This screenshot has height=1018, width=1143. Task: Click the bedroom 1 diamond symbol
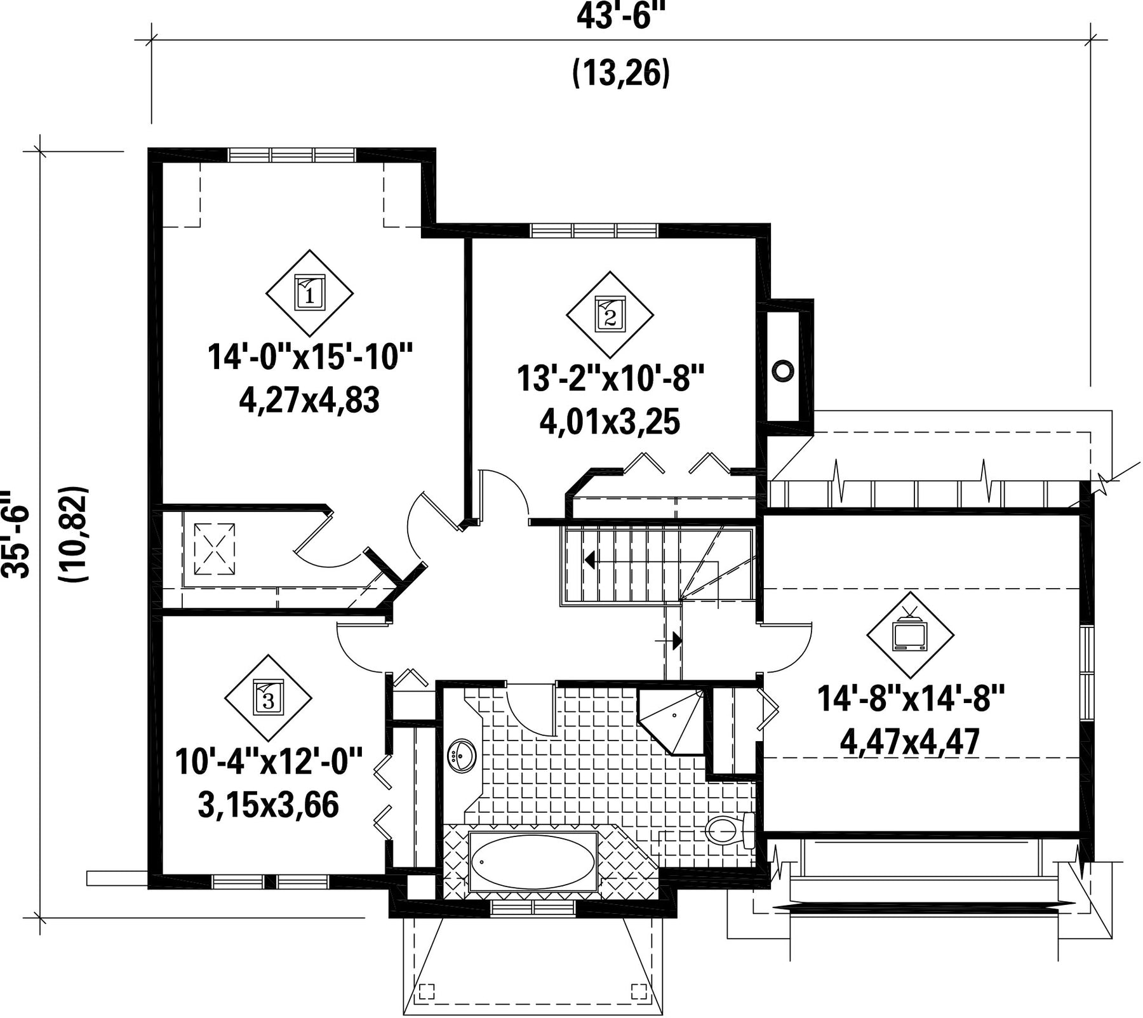pos(309,293)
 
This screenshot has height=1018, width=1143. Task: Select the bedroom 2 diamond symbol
pos(610,314)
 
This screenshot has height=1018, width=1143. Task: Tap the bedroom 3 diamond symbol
pos(268,698)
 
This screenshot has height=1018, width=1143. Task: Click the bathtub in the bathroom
pos(533,862)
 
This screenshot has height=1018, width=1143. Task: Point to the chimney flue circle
pos(783,370)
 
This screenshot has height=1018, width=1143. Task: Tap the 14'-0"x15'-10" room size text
pos(311,357)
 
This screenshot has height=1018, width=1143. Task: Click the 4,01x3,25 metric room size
pos(610,422)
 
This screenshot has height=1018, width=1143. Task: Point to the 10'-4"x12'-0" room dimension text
pos(269,761)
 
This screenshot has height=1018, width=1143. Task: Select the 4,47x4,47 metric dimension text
pos(911,740)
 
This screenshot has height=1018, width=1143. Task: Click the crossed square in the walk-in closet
pos(214,549)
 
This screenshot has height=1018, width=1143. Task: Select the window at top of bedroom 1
pos(291,155)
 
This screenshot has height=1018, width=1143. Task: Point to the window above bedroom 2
pos(594,230)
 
